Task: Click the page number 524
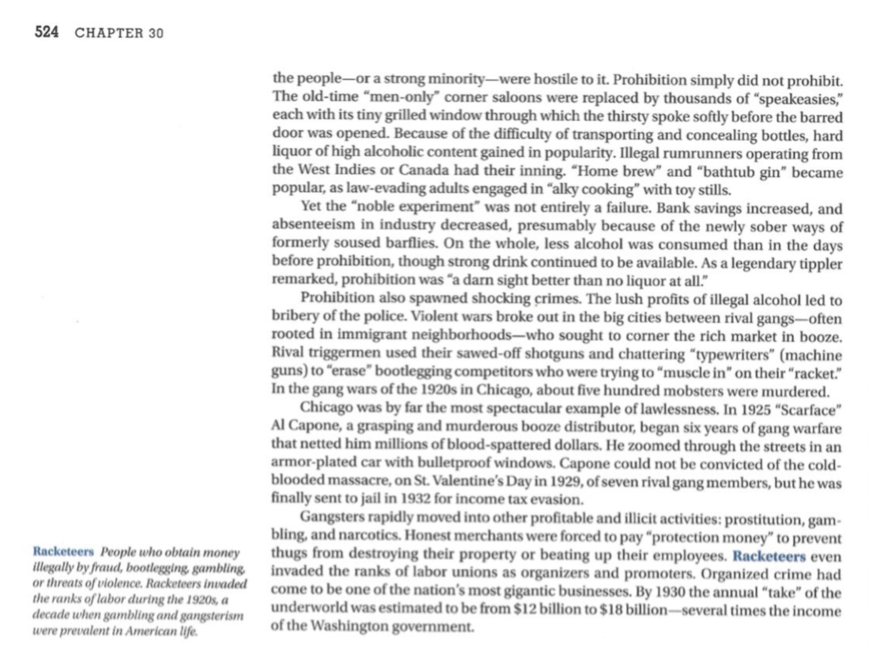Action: [46, 33]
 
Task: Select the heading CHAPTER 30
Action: [119, 33]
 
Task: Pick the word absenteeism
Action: [311, 226]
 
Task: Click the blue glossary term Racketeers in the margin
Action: [63, 552]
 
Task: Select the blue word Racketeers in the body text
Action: [769, 555]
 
